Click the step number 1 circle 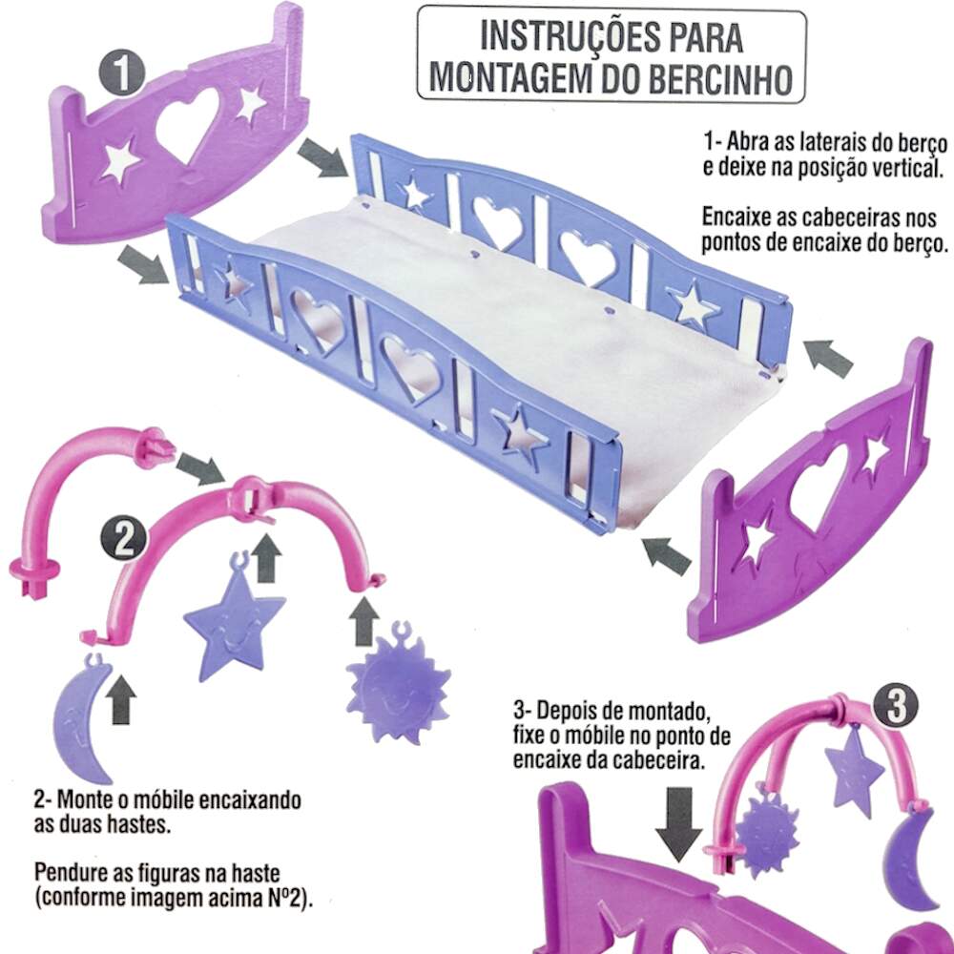point(122,73)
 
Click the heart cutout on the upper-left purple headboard point(187,126)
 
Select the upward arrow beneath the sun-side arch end point(364,622)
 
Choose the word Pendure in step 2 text point(72,873)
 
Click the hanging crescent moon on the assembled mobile point(908,858)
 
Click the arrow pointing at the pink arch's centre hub point(200,468)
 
